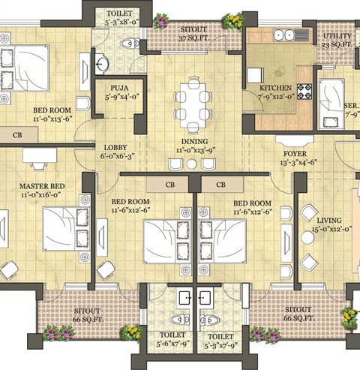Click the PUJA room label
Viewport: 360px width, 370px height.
(x=119, y=88)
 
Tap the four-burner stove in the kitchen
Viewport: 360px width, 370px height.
(x=304, y=92)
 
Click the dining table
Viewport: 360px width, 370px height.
(x=193, y=105)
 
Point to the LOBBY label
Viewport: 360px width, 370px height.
(x=115, y=148)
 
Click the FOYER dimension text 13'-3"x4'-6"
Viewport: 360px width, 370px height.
(x=298, y=163)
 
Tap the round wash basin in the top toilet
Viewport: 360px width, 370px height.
(x=102, y=64)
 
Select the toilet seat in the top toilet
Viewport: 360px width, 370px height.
(x=130, y=44)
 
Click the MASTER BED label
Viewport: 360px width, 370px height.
(x=42, y=186)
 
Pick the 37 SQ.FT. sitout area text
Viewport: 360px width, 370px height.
(x=194, y=38)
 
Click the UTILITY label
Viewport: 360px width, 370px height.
(x=337, y=36)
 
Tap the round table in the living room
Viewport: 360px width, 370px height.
(x=307, y=237)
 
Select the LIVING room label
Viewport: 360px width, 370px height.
(x=329, y=221)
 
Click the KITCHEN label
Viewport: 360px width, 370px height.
(x=275, y=88)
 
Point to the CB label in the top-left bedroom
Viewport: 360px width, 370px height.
(x=17, y=135)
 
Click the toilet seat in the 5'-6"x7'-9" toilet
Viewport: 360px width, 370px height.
(x=179, y=319)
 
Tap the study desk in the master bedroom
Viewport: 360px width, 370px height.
(x=40, y=155)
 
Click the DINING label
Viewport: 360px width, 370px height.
(x=194, y=142)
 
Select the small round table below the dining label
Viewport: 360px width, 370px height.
(x=192, y=164)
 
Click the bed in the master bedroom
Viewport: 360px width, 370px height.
(x=66, y=228)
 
